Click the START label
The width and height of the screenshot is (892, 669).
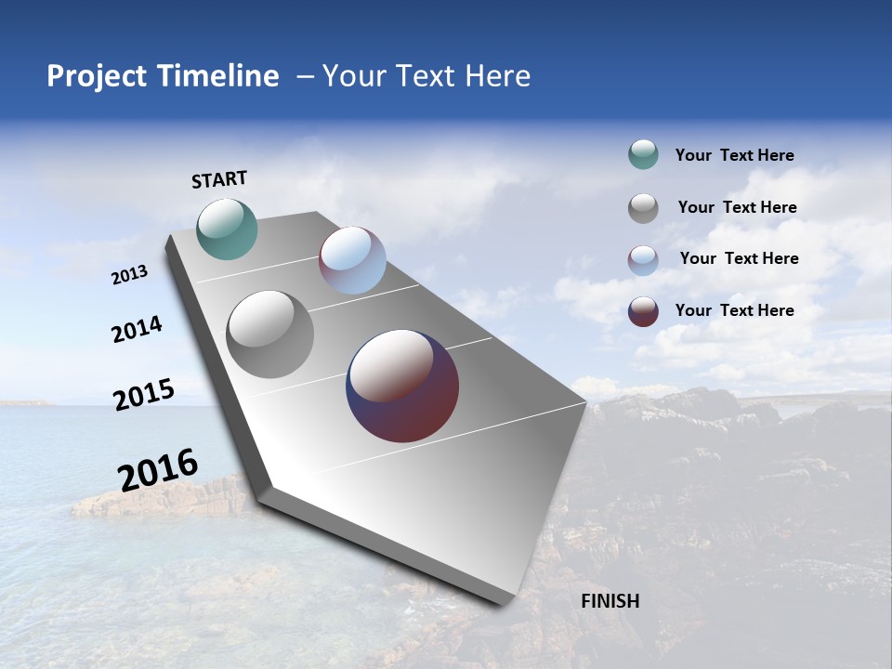219,179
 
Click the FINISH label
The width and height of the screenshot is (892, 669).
610,601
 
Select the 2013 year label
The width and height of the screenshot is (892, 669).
129,275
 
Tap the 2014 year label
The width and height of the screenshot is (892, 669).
137,330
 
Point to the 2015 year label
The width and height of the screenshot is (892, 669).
143,395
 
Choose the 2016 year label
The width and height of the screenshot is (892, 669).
158,470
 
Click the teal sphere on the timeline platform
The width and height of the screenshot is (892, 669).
227,229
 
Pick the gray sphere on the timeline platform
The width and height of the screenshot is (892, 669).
269,334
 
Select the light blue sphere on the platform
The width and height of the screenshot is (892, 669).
352,260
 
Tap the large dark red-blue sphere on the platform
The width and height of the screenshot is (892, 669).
402,386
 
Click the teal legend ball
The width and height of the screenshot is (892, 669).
643,155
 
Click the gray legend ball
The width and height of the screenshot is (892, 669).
643,208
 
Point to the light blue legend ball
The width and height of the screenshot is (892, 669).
643,260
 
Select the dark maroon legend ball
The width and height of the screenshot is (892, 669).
643,311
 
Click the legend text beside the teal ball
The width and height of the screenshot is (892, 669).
734,155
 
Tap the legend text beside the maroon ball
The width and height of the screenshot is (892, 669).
734,310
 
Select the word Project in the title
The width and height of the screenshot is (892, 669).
94,76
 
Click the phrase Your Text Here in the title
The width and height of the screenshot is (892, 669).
426,76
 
